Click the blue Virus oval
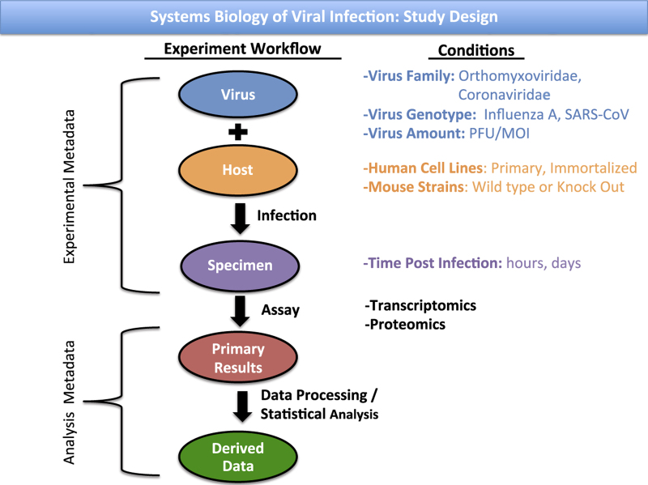[238, 95]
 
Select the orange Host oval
[238, 171]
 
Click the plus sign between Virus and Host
[238, 132]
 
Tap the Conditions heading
[475, 50]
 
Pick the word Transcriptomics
[421, 305]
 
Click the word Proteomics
[406, 324]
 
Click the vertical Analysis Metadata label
[71, 396]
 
